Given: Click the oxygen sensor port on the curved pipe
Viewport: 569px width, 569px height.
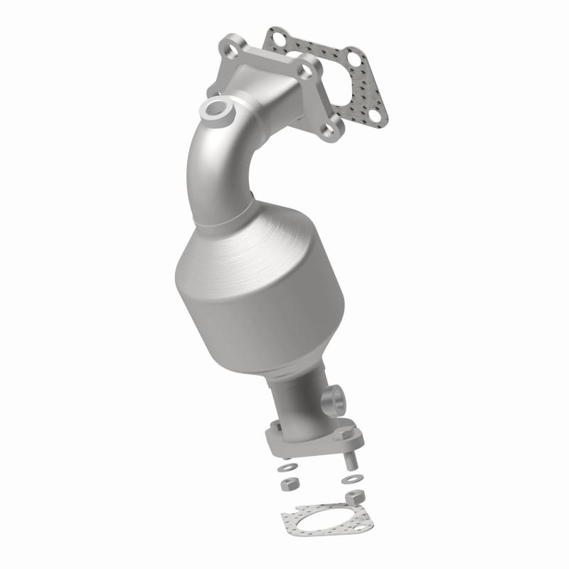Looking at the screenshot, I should pyautogui.click(x=216, y=110).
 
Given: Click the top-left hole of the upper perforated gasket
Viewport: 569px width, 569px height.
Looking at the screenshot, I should pyautogui.click(x=277, y=34).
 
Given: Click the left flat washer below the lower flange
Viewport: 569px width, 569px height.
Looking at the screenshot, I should pyautogui.click(x=288, y=467).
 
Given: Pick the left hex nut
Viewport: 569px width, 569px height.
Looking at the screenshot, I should pyautogui.click(x=290, y=484).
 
